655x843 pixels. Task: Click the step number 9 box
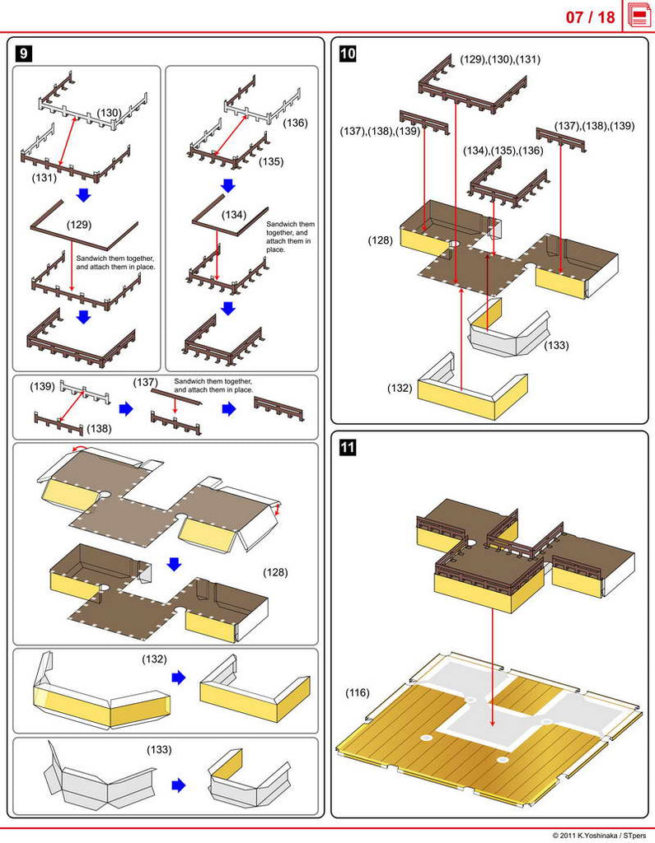(23, 53)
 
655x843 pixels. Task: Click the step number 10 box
(348, 53)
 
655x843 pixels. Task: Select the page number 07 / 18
(590, 17)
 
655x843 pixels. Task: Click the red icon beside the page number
(639, 16)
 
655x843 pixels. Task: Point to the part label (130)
(110, 113)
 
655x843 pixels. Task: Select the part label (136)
(295, 123)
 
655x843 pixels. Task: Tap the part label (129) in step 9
(79, 224)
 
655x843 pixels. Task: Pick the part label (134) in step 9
(234, 215)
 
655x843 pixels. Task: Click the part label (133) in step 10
(556, 345)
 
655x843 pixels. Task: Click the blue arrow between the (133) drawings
(179, 785)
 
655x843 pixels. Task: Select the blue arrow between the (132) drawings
(179, 677)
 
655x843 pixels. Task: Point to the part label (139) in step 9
(43, 386)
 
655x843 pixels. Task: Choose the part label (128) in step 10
(381, 240)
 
